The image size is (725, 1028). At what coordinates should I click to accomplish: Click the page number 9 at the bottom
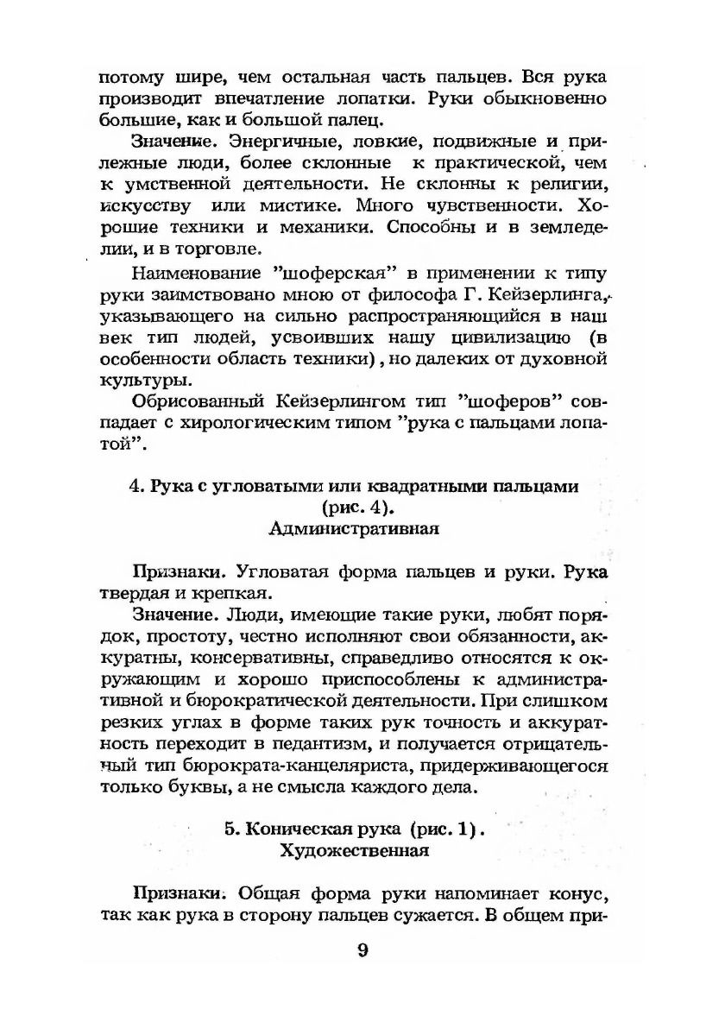coord(362,951)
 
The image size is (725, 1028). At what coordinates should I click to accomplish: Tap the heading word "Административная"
coord(354,529)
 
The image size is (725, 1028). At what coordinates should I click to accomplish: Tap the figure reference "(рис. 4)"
coord(354,508)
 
